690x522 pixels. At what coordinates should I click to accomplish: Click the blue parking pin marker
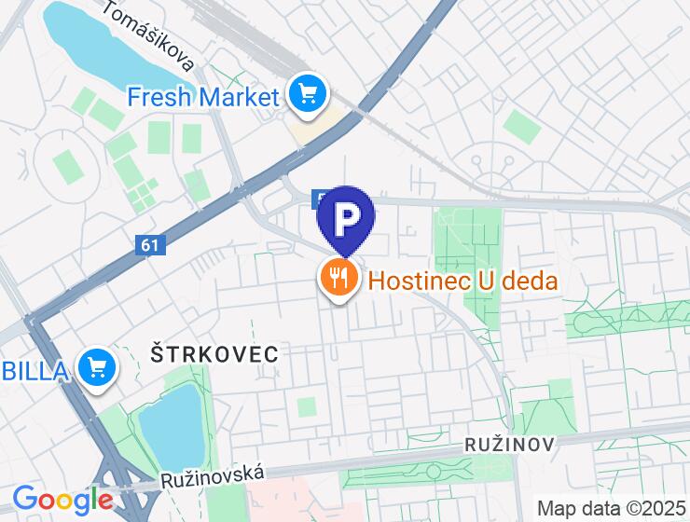pos(346,220)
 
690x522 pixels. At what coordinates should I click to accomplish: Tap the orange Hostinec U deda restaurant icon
pos(338,278)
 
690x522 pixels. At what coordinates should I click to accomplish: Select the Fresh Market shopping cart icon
pos(306,94)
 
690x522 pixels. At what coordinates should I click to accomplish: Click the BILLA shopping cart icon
pos(96,369)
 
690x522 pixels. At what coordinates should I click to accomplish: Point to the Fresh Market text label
pos(203,96)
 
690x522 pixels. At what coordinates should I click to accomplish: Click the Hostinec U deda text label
pos(462,280)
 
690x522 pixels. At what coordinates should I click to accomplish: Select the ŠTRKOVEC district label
pos(214,353)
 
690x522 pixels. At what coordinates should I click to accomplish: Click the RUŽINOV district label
pos(509,445)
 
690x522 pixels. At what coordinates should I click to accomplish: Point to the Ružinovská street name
pos(214,476)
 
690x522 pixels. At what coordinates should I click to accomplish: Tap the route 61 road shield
pos(148,244)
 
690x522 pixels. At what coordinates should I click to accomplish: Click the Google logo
pos(62,499)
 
